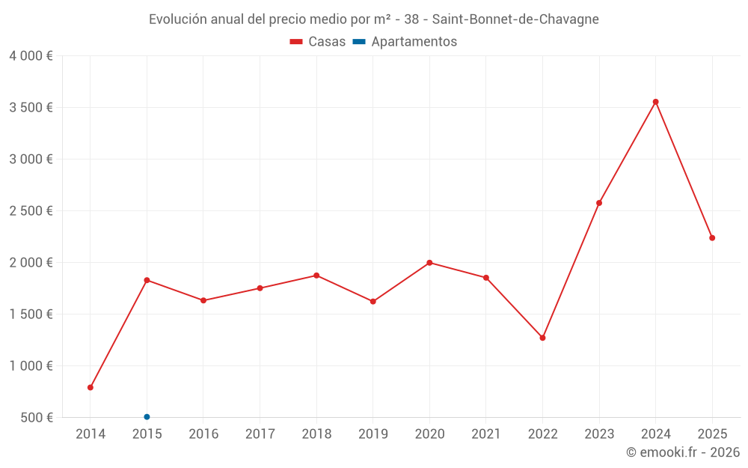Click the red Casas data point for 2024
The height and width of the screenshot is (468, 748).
655,102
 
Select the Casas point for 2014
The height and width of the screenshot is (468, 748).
91,388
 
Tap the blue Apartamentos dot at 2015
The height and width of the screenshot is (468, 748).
147,417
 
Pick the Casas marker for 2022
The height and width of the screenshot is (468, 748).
542,338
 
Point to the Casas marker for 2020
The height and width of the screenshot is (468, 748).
429,263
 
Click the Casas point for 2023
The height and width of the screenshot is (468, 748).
599,203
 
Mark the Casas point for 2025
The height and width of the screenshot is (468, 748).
712,238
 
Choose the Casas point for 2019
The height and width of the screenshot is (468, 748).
373,302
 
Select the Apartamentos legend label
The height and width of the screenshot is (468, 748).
414,42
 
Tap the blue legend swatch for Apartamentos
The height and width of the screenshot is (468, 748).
359,42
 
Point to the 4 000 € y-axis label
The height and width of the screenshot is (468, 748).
31,56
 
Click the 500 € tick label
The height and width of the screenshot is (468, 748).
36,418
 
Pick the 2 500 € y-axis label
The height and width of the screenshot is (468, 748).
31,211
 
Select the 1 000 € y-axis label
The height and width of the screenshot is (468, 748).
31,366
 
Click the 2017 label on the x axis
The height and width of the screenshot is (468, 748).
260,434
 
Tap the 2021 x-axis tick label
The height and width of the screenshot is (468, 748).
486,434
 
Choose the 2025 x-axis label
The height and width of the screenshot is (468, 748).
712,434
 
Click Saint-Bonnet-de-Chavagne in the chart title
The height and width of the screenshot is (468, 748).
516,19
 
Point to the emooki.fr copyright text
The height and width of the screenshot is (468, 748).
682,452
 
